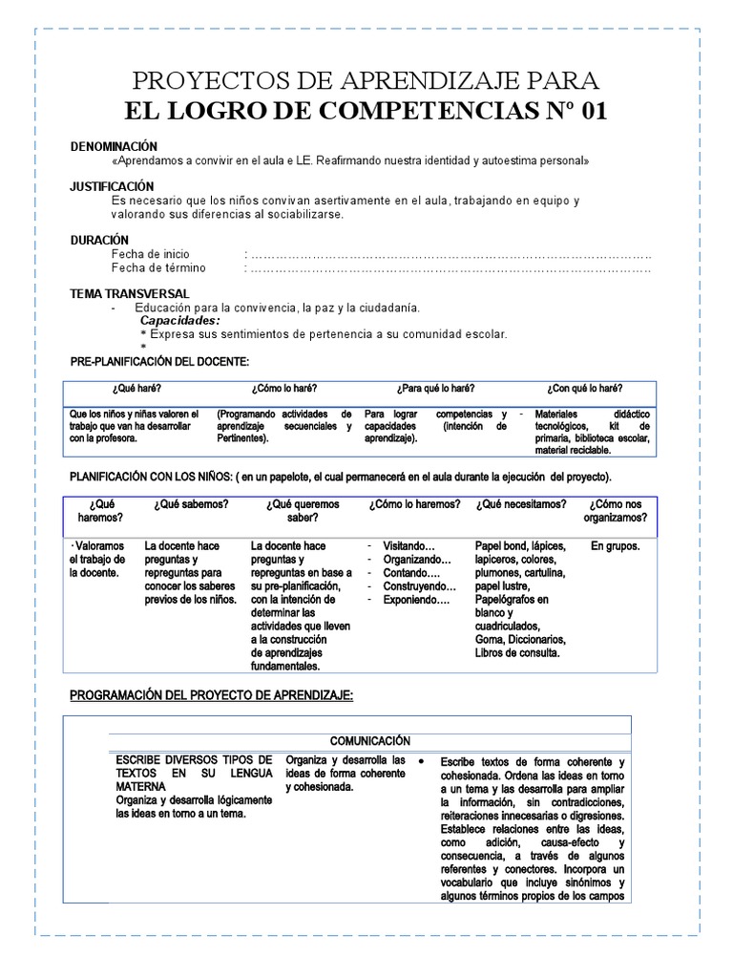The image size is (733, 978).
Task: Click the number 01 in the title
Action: pos(587,111)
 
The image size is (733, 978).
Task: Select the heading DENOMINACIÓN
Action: pos(113,146)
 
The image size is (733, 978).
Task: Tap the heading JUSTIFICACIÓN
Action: pos(112,186)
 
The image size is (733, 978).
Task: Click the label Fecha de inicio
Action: pos(150,254)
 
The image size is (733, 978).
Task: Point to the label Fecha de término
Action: pos(157,268)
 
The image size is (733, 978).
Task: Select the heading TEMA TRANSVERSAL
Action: pos(130,293)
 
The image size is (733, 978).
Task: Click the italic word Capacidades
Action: pos(179,321)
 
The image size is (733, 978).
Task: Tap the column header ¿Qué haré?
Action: pos(135,389)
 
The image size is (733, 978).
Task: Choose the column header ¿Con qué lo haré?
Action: pos(584,389)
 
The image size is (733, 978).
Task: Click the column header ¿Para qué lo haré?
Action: pos(435,389)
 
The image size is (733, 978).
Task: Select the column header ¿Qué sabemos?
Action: pos(190,504)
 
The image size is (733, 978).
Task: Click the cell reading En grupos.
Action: pos(616,546)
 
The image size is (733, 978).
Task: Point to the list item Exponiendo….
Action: pos(415,600)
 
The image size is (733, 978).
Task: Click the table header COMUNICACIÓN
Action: pos(370,740)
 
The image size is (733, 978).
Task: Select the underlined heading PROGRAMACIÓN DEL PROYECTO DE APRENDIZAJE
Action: pos(212,696)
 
